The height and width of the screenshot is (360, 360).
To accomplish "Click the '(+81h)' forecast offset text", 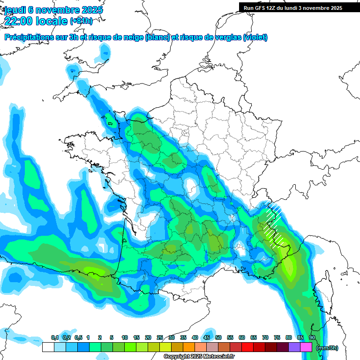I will (x=81, y=21).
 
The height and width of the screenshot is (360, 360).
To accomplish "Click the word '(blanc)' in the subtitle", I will (x=157, y=37).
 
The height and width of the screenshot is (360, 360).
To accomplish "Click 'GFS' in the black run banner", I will (x=261, y=8).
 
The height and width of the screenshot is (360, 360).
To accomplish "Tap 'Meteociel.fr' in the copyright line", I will (x=219, y=357).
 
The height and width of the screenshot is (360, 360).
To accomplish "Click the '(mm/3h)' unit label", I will (x=327, y=348).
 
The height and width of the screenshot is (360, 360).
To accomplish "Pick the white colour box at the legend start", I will (x=48, y=347).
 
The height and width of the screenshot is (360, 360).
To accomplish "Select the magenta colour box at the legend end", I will (x=307, y=347).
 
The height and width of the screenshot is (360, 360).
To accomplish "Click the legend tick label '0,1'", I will (x=54, y=338).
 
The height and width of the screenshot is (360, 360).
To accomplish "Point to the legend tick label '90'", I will (x=312, y=338).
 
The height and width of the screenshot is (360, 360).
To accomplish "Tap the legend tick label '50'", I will (x=218, y=338).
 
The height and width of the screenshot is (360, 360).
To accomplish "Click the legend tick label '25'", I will (x=160, y=338).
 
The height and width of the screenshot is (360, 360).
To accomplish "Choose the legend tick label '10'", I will (x=125, y=338).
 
